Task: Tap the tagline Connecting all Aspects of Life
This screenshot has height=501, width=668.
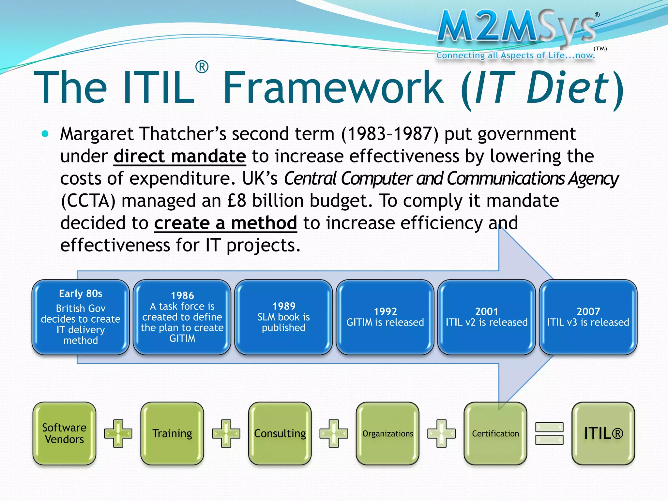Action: [x=515, y=55]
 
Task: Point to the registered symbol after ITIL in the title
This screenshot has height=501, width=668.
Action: [x=202, y=67]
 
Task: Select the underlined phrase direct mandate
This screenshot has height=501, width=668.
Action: [x=180, y=156]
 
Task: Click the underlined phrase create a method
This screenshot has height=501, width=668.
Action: [x=225, y=223]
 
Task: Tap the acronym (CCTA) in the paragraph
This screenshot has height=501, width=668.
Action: [x=88, y=201]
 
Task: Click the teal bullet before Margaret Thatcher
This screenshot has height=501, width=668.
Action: [x=45, y=134]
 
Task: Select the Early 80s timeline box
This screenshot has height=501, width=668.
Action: [x=81, y=317]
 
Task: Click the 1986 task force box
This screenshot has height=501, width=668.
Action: [x=182, y=317]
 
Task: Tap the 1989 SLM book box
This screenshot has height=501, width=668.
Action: [x=283, y=317]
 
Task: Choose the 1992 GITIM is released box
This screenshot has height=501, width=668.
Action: [x=385, y=317]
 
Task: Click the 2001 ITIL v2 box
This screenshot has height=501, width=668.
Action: [x=486, y=317]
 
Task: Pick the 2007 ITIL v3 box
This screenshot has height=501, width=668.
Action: [x=588, y=317]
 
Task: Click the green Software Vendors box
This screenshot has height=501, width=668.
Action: [x=65, y=433]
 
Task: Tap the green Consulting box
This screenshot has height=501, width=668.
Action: [x=280, y=433]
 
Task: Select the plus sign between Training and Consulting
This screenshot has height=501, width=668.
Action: [x=226, y=433]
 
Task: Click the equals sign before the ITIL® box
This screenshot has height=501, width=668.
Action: [x=549, y=433]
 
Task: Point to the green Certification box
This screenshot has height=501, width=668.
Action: [x=495, y=433]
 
